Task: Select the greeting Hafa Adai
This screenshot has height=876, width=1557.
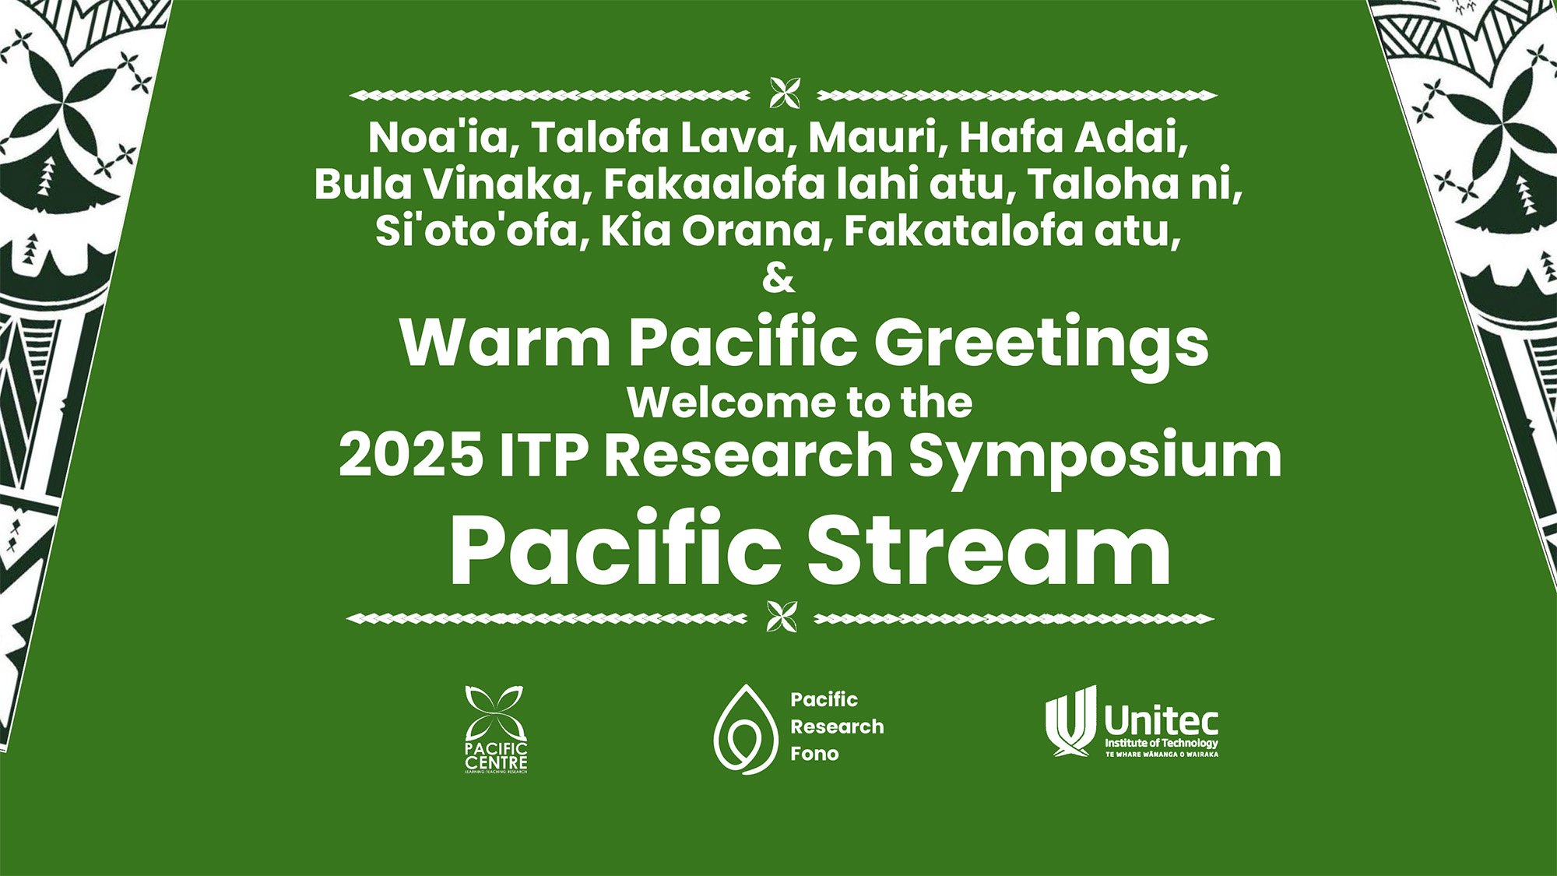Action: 1072,138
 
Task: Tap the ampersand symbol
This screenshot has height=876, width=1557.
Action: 778,278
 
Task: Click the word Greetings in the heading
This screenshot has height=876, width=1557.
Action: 1041,343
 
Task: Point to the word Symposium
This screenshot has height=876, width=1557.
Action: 1095,456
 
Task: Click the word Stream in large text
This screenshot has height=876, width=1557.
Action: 988,550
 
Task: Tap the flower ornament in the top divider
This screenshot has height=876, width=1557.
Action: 784,93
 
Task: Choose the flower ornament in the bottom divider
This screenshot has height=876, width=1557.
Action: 782,617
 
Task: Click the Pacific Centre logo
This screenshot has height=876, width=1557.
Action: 496,729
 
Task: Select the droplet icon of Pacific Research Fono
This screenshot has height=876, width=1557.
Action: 745,730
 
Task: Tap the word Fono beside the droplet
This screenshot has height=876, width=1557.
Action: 814,754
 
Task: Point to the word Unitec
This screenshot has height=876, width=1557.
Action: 1161,720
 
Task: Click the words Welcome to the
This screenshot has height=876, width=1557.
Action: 800,403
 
